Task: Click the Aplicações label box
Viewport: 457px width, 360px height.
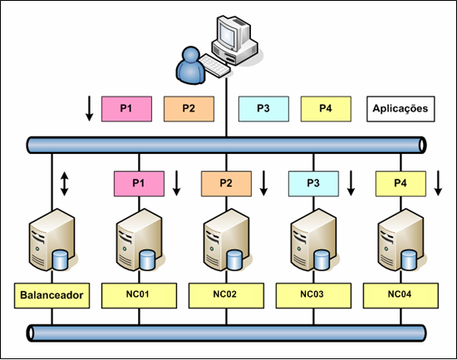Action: pos(398,108)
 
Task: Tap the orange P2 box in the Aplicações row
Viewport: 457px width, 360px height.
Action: pos(189,108)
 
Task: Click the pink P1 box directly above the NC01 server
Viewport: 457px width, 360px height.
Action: pos(138,181)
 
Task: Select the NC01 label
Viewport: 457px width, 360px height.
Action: pos(138,294)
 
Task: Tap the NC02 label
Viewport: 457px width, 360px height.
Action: pos(226,294)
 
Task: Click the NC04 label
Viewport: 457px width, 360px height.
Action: pos(400,294)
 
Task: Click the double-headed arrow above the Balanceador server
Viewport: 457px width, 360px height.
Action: pos(65,183)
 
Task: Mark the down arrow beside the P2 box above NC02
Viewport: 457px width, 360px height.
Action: pos(263,182)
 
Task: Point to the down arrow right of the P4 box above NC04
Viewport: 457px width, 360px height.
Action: pos(438,182)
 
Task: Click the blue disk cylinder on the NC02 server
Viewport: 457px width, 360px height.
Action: pos(234,259)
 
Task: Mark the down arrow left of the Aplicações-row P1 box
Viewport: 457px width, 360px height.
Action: pos(89,108)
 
